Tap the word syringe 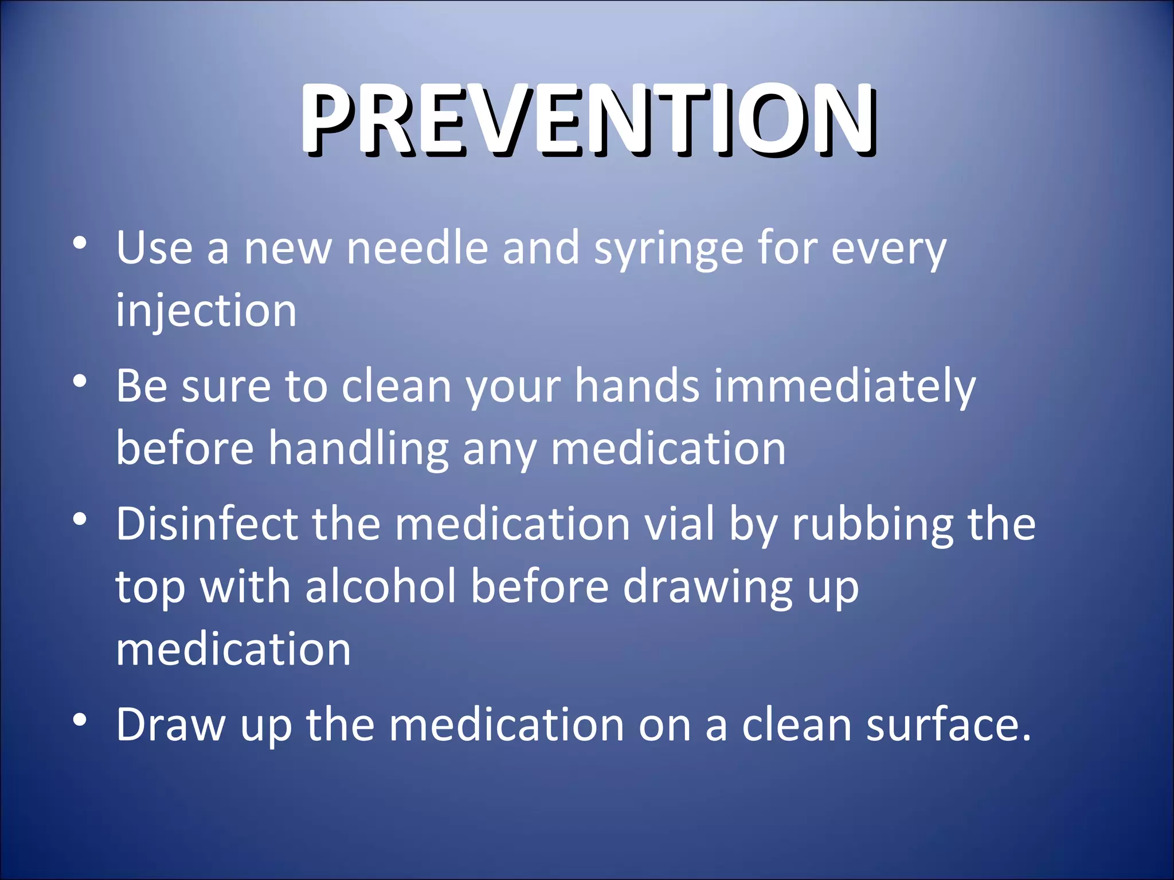pos(668,250)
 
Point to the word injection pos(206,311)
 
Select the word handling pos(358,449)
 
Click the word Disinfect pos(207,524)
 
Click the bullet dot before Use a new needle pos(80,243)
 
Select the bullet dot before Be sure pos(80,380)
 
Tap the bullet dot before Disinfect pos(80,519)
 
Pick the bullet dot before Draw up pos(80,719)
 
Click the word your pos(512,387)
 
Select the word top pos(150,588)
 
